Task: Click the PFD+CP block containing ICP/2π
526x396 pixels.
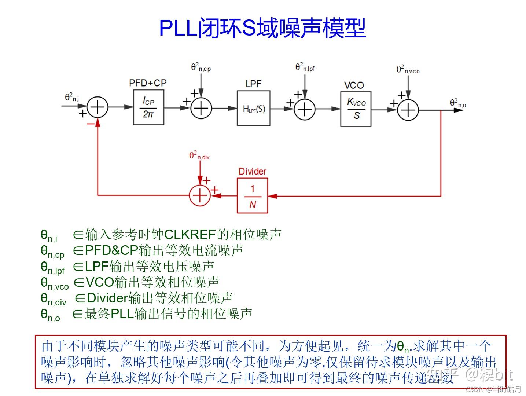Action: point(148,108)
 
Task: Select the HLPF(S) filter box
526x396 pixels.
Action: point(254,109)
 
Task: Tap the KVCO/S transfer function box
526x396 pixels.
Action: point(356,109)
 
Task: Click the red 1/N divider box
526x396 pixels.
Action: point(252,196)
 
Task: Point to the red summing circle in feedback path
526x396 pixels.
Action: point(200,195)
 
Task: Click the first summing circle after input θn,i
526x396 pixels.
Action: point(98,107)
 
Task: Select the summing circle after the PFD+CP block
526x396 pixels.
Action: point(201,108)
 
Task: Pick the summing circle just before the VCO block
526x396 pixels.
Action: point(305,109)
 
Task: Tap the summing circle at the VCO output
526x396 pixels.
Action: point(408,110)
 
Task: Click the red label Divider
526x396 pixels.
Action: point(252,171)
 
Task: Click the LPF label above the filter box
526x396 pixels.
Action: point(253,84)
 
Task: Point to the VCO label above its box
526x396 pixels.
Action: point(354,85)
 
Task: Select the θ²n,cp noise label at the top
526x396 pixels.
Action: point(201,67)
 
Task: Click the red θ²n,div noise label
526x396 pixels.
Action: point(199,155)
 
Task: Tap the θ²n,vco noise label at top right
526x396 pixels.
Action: point(408,69)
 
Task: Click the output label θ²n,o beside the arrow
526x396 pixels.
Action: point(458,103)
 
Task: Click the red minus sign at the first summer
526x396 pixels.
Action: point(90,124)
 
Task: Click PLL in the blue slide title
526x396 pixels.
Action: point(178,28)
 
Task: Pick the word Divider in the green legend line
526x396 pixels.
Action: point(107,298)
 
